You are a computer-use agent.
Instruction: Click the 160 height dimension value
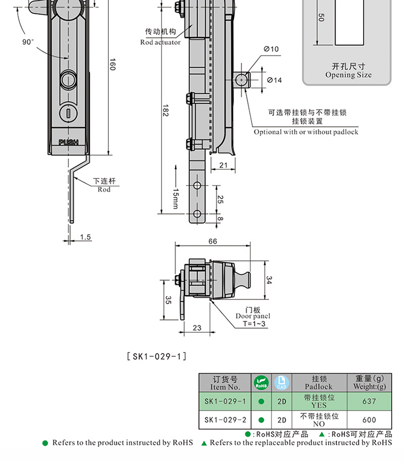(x=112, y=64)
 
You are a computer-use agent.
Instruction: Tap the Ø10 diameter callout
(x=271, y=50)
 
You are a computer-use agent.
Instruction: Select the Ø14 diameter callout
(x=274, y=80)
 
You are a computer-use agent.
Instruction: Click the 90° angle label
(x=28, y=42)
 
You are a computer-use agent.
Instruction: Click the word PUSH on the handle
(x=68, y=142)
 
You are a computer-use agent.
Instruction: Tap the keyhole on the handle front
(x=69, y=113)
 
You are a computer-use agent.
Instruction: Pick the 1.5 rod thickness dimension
(x=86, y=237)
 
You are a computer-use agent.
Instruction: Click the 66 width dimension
(x=213, y=242)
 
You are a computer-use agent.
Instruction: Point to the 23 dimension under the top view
(x=197, y=327)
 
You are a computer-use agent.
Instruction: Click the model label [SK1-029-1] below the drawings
(x=156, y=356)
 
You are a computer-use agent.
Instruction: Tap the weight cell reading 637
(x=370, y=401)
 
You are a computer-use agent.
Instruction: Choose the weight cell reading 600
(x=370, y=420)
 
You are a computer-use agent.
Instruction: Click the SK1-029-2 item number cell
(x=225, y=420)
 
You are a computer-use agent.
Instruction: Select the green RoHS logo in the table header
(x=261, y=383)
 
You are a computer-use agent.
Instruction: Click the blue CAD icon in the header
(x=281, y=383)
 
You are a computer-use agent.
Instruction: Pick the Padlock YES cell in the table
(x=319, y=401)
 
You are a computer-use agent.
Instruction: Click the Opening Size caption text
(x=348, y=75)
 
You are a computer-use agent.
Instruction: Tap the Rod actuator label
(x=161, y=42)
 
